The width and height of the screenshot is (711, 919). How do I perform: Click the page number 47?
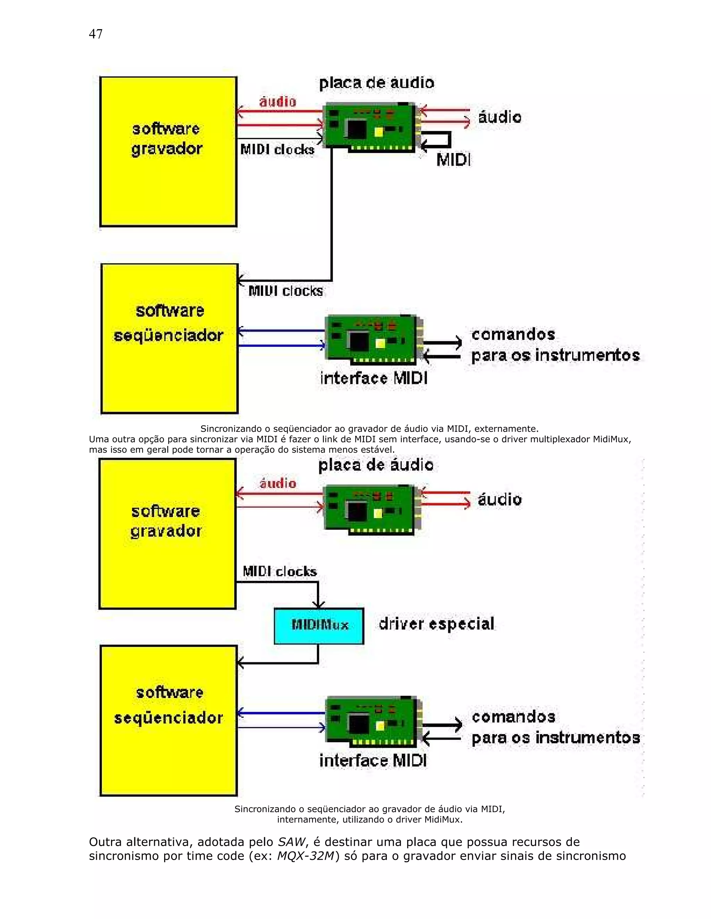pyautogui.click(x=95, y=34)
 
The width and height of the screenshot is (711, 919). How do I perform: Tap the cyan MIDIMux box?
pyautogui.click(x=319, y=625)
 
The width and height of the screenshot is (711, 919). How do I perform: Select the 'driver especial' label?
pyautogui.click(x=436, y=624)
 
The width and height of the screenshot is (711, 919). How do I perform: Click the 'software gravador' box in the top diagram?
pyautogui.click(x=168, y=152)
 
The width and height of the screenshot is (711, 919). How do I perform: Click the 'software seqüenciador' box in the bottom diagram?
pyautogui.click(x=168, y=720)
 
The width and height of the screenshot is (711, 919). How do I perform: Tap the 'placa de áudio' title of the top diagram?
pyautogui.click(x=376, y=83)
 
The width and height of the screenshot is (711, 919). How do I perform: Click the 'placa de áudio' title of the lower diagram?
pyautogui.click(x=376, y=465)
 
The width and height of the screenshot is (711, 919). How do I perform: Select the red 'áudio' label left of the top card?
pyautogui.click(x=278, y=101)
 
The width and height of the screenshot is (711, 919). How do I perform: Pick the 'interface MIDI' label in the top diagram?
pyautogui.click(x=374, y=378)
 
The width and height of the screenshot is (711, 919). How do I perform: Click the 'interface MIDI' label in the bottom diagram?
pyautogui.click(x=373, y=761)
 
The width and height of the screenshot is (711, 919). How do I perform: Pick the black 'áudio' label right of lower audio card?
pyautogui.click(x=500, y=499)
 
